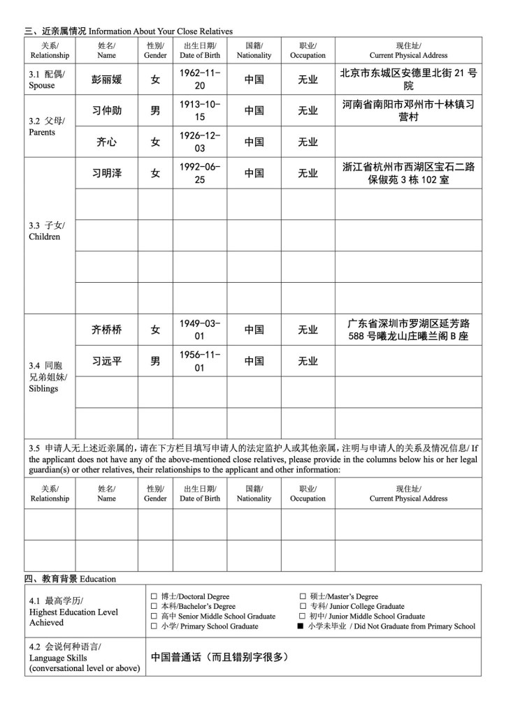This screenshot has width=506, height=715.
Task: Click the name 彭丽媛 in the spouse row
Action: pos(106,80)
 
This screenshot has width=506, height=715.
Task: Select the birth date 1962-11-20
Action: pos(199,79)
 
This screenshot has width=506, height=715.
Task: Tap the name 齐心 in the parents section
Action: pos(106,142)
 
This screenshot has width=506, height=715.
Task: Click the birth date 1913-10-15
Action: pos(199,110)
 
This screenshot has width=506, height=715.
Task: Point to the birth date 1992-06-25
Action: pos(199,173)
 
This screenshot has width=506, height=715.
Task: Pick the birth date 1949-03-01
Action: pos(199,330)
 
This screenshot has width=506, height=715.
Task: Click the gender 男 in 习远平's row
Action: pos(155,361)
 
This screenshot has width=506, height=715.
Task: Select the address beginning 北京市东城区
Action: pos(408,79)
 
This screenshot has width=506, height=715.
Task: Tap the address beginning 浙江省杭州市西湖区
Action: pos(408,173)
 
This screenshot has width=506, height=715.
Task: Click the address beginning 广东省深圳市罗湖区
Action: pos(408,330)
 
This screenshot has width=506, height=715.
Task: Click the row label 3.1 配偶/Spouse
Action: pos(47,80)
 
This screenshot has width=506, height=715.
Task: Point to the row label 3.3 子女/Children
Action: pos(47,231)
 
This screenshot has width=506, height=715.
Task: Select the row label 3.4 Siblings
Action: pos(47,376)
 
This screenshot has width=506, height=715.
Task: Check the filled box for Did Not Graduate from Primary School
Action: pos(301,626)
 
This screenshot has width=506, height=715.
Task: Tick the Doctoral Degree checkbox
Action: pos(154,596)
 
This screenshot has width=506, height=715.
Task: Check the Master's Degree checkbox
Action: pos(303,596)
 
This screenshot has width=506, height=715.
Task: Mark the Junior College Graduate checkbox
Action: pos(303,606)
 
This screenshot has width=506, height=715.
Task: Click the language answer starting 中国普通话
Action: pos(220,656)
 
